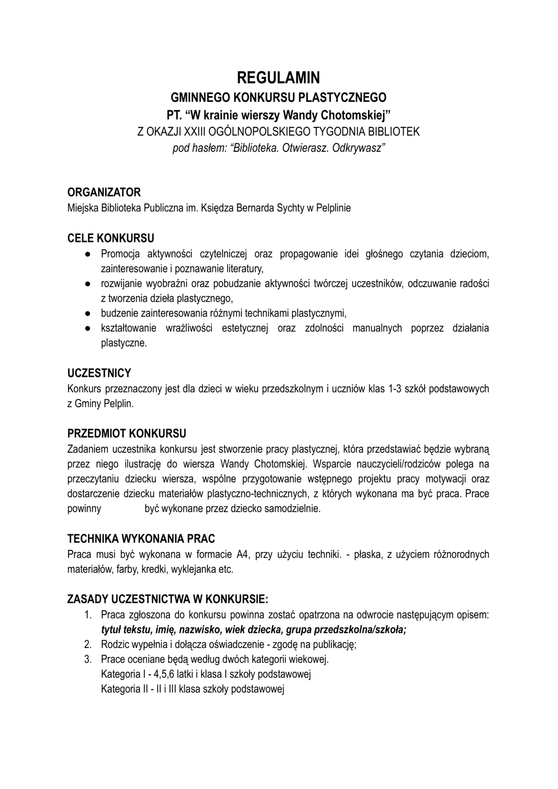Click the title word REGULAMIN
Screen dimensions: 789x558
[x=278, y=77]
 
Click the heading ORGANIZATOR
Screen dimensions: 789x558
[x=104, y=192]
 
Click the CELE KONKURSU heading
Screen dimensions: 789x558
[x=111, y=238]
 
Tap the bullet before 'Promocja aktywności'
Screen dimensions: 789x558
[x=87, y=254]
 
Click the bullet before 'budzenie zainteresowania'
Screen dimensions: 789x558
[x=87, y=314]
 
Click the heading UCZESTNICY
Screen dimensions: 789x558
[x=99, y=373]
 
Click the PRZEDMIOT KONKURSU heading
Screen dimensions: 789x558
[x=126, y=434]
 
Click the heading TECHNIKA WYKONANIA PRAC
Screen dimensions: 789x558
[x=141, y=538]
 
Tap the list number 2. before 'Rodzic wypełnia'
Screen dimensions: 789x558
[x=87, y=644]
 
